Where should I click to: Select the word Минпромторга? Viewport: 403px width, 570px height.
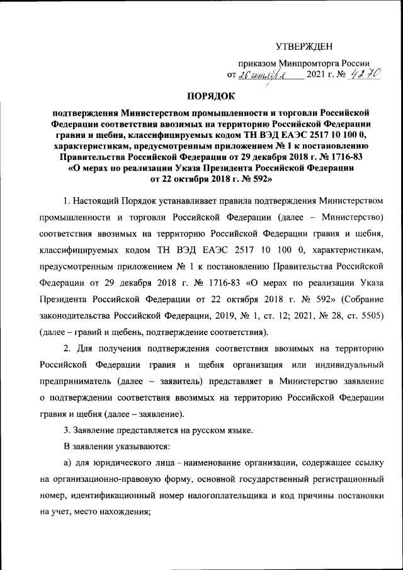coord(303,64)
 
